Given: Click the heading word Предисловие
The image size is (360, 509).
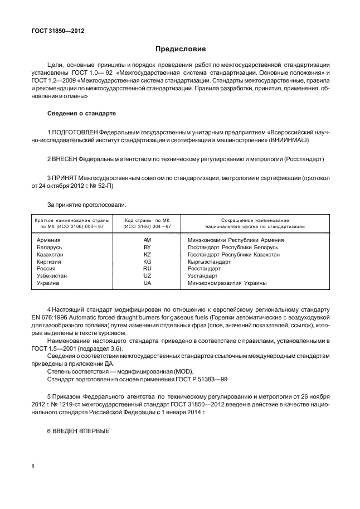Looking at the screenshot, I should click(180, 49).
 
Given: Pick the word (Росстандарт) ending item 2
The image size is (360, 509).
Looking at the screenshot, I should click(304, 159).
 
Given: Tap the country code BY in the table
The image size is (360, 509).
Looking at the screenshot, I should click(147, 246).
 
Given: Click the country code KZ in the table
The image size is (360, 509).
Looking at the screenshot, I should click(147, 254).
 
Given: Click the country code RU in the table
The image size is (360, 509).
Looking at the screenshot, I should click(147, 268).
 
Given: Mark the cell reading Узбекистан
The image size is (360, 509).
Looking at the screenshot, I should click(52, 275).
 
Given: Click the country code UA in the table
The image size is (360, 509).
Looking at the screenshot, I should click(147, 283).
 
